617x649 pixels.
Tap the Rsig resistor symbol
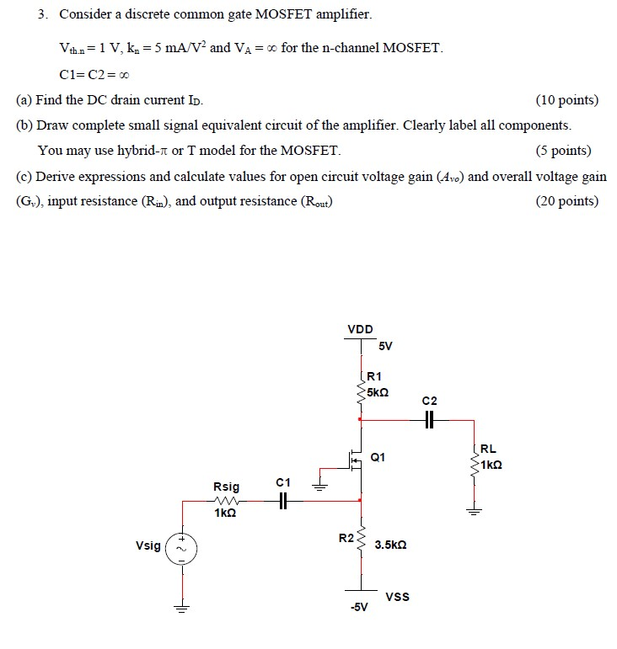(x=227, y=500)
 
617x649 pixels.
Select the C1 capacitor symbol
(x=283, y=500)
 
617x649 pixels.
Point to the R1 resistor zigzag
(x=362, y=392)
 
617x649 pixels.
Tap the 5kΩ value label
(x=377, y=392)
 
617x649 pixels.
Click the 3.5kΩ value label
(x=391, y=545)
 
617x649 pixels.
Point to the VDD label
(x=360, y=329)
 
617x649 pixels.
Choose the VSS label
(x=397, y=597)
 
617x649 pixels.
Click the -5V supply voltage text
(x=360, y=609)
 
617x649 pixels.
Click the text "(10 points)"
(x=566, y=100)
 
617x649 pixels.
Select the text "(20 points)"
(x=566, y=201)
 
